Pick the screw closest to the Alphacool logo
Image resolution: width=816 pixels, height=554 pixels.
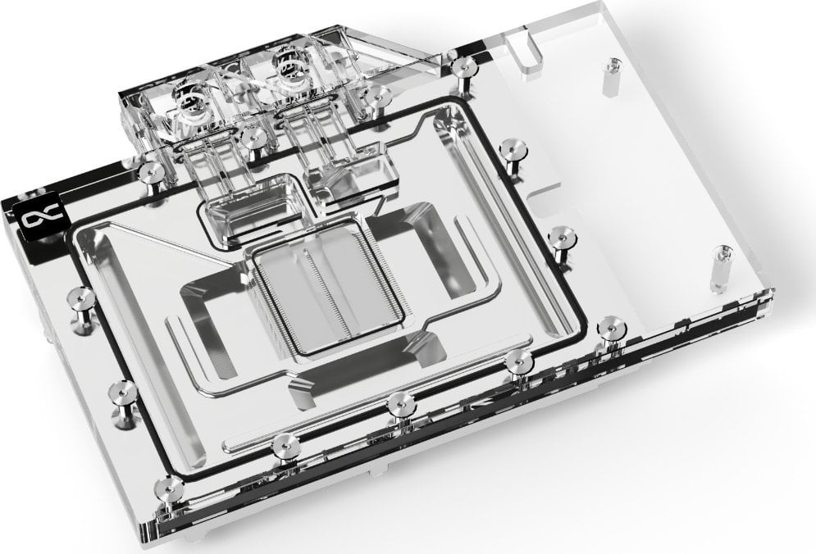(x=151, y=171)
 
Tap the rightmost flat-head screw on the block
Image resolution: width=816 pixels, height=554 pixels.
(x=611, y=326)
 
